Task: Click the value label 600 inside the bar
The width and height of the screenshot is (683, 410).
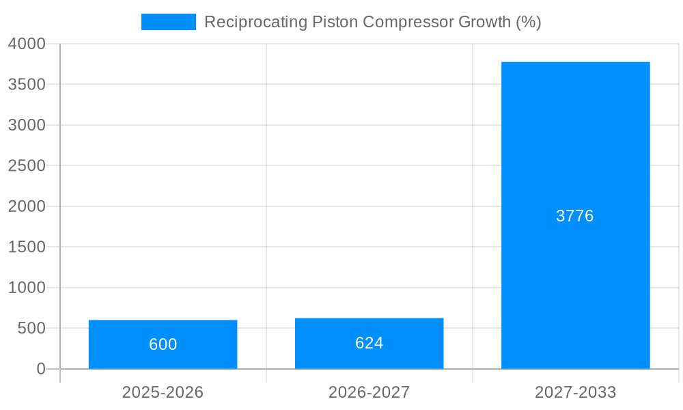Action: coord(163,344)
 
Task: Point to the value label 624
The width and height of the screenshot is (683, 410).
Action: coord(369,343)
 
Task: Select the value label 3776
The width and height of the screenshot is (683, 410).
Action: coord(575,216)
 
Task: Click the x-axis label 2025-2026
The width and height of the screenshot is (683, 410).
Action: coord(163,392)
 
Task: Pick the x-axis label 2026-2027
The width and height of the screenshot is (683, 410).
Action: coord(369,392)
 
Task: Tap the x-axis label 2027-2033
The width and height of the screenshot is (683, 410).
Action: coord(575,392)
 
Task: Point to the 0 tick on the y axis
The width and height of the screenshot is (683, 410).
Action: coord(40,369)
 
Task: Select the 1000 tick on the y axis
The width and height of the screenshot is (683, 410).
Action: coord(27,288)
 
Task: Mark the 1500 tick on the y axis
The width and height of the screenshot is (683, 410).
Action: coord(27,247)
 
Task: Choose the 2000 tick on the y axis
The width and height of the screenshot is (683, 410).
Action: coord(27,206)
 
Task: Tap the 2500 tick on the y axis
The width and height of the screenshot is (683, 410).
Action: coord(27,165)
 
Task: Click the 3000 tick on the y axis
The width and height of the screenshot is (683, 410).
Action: coord(27,125)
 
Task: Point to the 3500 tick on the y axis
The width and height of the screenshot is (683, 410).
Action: coord(27,84)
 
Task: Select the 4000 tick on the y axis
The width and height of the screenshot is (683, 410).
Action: coord(27,44)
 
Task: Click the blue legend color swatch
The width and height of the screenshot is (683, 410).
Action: coord(168,22)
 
